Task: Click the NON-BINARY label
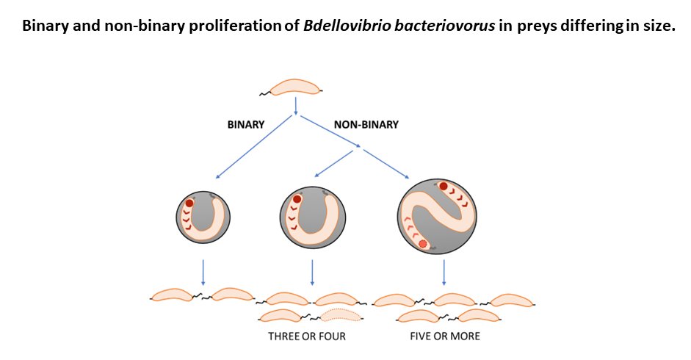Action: tap(366, 124)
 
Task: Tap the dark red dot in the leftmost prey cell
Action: tap(189, 203)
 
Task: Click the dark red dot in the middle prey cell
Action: tap(297, 199)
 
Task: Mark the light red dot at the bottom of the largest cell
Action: tap(422, 244)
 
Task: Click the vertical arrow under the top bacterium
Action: tap(295, 107)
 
